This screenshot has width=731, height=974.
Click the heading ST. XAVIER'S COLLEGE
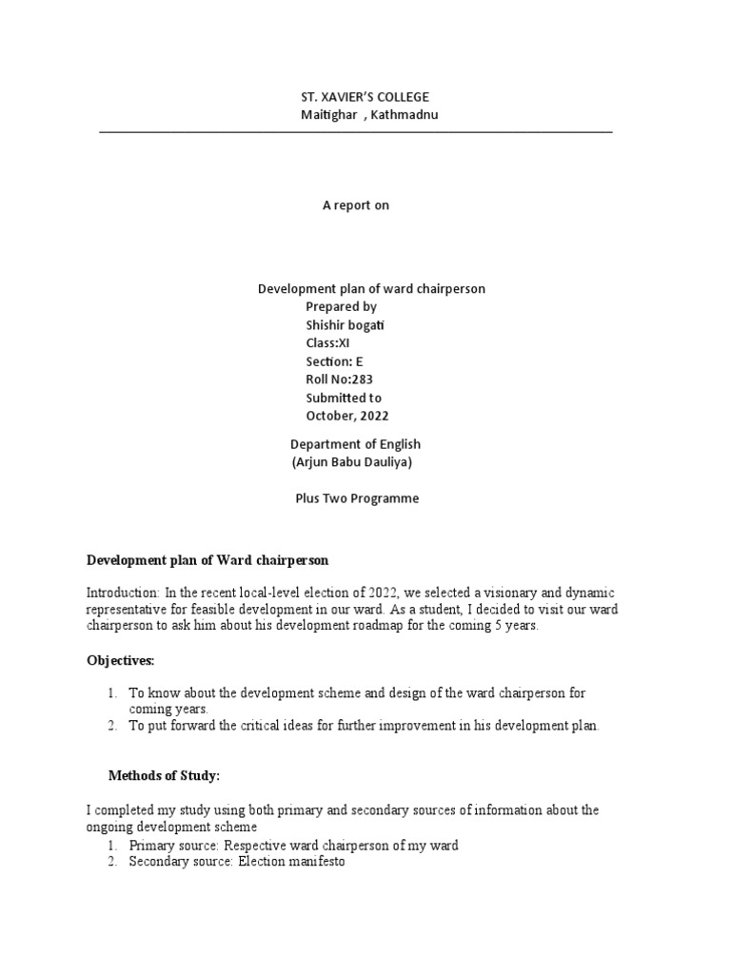(365, 97)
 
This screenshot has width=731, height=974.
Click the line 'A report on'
(356, 205)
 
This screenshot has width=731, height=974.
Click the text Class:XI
(328, 343)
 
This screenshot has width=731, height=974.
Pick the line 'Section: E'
(334, 361)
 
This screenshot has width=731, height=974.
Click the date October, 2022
(346, 416)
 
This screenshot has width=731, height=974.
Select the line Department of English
(355, 444)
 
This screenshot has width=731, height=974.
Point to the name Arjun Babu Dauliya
(351, 462)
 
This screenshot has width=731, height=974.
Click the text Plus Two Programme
(357, 498)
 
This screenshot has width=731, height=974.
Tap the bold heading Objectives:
(120, 660)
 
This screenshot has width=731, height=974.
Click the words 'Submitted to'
(344, 398)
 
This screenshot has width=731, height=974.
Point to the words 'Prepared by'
(341, 307)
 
